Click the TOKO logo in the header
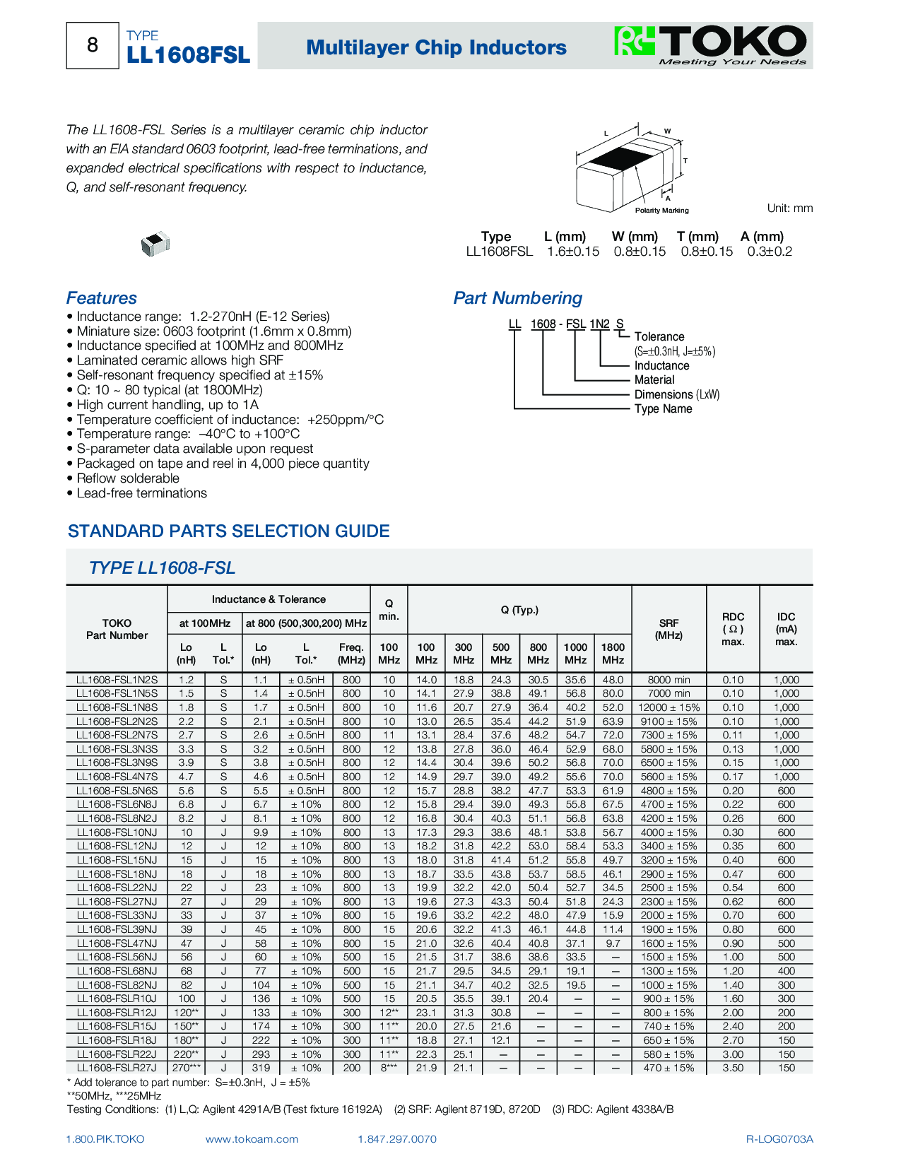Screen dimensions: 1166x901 coord(711,45)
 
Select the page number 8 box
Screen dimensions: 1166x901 coord(93,46)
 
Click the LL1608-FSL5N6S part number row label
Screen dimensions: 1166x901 coord(117,791)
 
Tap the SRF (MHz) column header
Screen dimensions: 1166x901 coord(669,629)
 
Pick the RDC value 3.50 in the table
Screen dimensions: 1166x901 coord(733,1068)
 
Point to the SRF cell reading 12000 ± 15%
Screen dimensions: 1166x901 coord(669,707)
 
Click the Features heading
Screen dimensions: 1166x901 coord(102,298)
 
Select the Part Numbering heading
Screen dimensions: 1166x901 coord(517,298)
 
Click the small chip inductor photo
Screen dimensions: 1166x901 coord(155,244)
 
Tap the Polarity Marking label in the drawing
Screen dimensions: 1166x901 coord(661,211)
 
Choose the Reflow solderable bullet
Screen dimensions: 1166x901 coord(128,478)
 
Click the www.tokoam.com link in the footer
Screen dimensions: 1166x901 coord(252,1139)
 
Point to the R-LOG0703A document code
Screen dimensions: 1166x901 coord(779,1139)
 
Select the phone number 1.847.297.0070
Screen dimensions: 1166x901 coord(397,1139)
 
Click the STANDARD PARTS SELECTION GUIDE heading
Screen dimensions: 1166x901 coord(228,531)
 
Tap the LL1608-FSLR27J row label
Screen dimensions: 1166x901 coord(117,1068)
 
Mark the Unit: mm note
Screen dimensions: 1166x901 coord(789,208)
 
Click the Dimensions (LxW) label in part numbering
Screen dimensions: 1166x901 coord(676,394)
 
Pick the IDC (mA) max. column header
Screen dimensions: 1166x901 coord(786,629)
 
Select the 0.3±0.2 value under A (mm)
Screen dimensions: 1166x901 coord(770,252)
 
